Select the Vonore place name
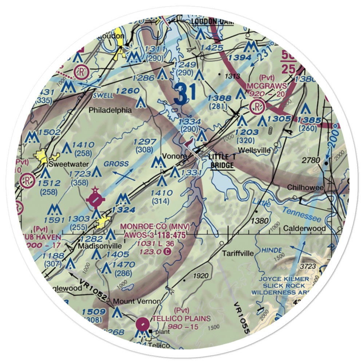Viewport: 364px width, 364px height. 174,156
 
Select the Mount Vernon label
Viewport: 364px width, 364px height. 136,301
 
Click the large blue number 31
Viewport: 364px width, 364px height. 185,94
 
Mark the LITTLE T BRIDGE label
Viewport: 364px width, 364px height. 222,161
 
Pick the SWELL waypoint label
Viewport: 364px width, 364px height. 103,95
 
